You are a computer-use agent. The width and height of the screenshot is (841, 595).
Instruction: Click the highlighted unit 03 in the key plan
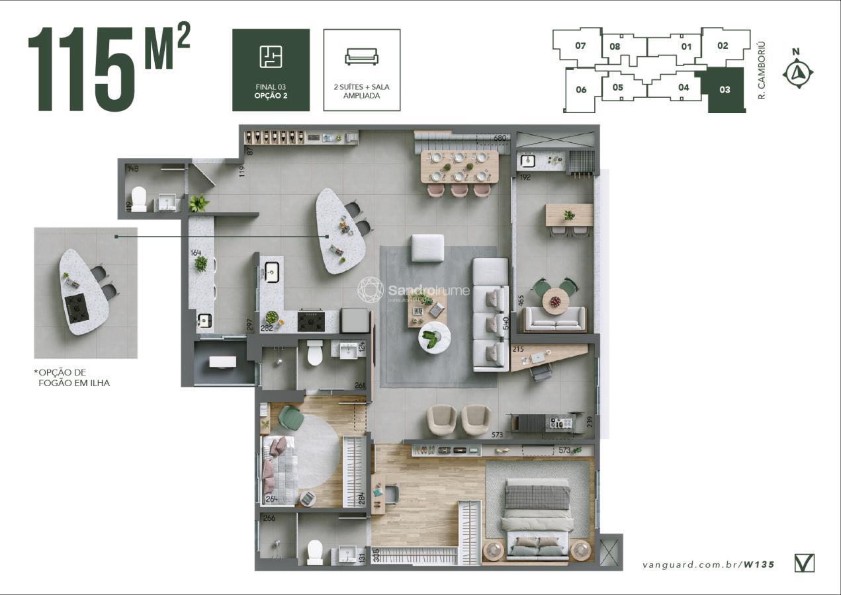click(725, 90)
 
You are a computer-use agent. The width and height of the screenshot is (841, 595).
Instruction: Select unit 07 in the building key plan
click(580, 46)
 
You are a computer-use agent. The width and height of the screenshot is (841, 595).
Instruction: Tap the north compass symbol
click(797, 73)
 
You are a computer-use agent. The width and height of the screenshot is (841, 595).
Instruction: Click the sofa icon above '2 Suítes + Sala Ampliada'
click(361, 57)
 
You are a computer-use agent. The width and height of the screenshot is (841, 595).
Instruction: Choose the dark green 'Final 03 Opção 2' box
click(271, 70)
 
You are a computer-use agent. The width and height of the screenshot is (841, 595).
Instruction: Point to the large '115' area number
click(81, 70)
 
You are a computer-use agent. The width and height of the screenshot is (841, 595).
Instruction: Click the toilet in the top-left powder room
click(138, 198)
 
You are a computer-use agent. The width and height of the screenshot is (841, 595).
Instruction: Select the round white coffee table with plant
click(434, 338)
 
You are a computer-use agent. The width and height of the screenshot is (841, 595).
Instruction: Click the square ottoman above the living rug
click(427, 248)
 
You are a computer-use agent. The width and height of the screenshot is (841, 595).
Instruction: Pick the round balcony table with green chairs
click(555, 301)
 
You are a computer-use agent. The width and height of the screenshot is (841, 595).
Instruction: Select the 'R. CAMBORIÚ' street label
click(762, 70)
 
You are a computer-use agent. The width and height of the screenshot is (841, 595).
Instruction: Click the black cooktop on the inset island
click(77, 307)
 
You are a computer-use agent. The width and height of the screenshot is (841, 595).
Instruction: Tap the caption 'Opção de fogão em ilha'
click(73, 377)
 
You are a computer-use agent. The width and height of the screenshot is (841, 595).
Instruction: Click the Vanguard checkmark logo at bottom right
click(804, 563)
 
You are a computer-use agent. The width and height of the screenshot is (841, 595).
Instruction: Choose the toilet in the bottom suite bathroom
click(315, 551)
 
